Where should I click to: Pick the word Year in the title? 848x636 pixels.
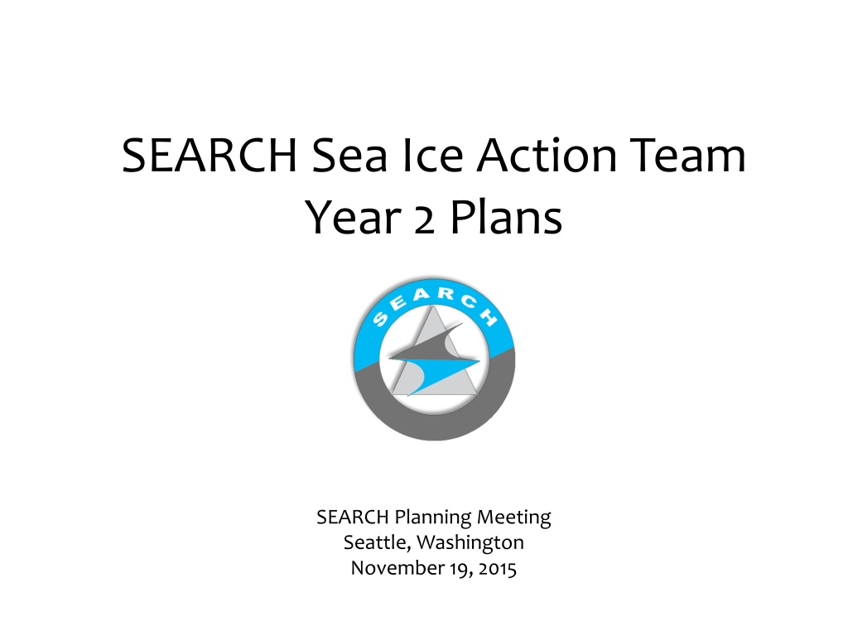point(353,218)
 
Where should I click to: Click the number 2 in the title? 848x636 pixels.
point(425,222)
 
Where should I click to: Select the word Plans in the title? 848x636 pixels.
point(506,218)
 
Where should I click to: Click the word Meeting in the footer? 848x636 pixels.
point(513,518)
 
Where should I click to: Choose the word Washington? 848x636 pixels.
point(470,543)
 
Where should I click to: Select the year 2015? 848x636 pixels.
point(497,568)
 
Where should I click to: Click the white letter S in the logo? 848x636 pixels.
point(380,319)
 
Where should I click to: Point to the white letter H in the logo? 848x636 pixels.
point(488,317)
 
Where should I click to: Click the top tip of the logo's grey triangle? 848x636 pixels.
point(432,306)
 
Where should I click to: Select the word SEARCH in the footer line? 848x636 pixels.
point(353,517)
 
